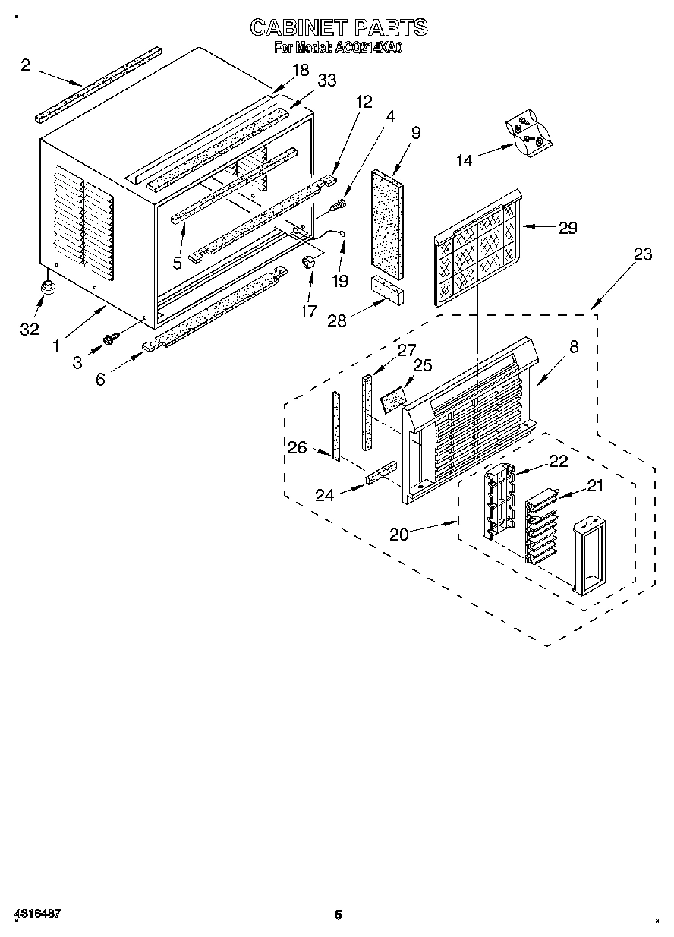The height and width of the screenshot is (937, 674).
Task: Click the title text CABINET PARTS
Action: (x=339, y=28)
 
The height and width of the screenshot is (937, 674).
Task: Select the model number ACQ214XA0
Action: (x=368, y=48)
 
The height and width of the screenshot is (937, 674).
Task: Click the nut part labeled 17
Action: (x=309, y=262)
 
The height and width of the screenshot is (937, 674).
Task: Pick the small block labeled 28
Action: (x=387, y=289)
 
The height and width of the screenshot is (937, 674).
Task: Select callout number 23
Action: (x=642, y=254)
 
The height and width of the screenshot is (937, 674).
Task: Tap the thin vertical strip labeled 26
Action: (x=333, y=424)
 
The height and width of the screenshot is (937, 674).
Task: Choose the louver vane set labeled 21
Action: (x=540, y=526)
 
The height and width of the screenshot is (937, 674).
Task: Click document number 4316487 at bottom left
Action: (x=36, y=914)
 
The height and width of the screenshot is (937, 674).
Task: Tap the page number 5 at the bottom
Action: (x=339, y=915)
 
